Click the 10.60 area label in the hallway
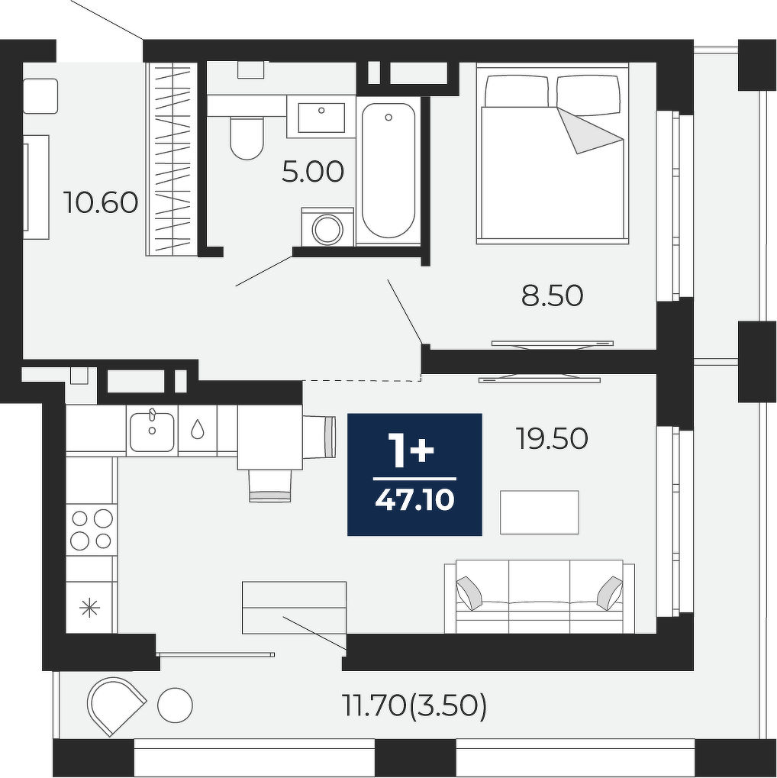pyautogui.click(x=102, y=202)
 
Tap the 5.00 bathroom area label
pyautogui.click(x=313, y=172)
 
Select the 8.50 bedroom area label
pyautogui.click(x=553, y=295)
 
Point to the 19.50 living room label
pyautogui.click(x=553, y=438)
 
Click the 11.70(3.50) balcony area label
pyautogui.click(x=414, y=705)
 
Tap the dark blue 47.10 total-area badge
pyautogui.click(x=414, y=474)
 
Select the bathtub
pyautogui.click(x=388, y=170)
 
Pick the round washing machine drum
pyautogui.click(x=327, y=229)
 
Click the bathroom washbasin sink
pyautogui.click(x=321, y=118)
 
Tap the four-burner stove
pyautogui.click(x=92, y=529)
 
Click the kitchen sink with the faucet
pyautogui.click(x=152, y=431)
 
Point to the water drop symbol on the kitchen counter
pyautogui.click(x=198, y=429)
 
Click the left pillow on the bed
pyautogui.click(x=517, y=91)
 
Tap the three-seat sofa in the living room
pyautogui.click(x=540, y=597)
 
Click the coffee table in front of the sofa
pyautogui.click(x=540, y=512)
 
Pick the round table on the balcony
pyautogui.click(x=175, y=705)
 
